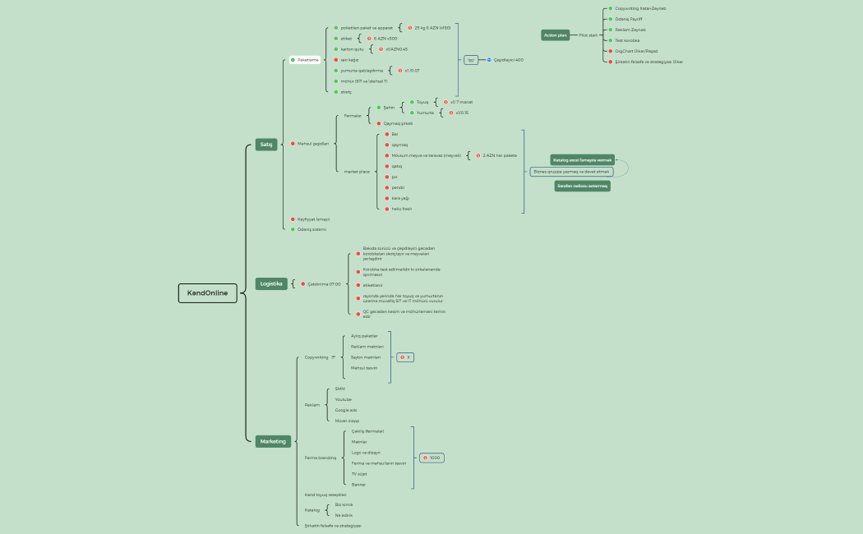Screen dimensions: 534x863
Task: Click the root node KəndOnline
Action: coord(207,293)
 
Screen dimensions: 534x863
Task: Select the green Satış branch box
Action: coord(266,144)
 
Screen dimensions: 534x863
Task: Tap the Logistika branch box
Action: coord(271,283)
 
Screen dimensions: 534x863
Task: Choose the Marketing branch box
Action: coord(273,441)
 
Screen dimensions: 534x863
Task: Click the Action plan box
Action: coord(556,35)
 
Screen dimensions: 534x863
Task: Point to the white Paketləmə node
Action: coord(307,60)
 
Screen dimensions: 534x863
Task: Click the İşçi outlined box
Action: coord(471,60)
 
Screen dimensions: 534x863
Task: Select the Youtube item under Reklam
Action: coord(343,399)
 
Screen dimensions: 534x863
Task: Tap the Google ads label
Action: coord(345,410)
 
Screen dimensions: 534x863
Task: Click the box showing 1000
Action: coord(432,458)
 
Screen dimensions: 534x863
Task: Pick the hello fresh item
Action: coord(402,209)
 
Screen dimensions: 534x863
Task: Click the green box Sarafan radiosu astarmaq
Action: coord(582,186)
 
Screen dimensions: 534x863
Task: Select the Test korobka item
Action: coord(627,40)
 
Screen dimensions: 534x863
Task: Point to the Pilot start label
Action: coord(588,35)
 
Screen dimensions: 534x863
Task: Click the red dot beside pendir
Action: coord(386,187)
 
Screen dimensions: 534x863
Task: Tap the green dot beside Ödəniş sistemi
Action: coord(293,229)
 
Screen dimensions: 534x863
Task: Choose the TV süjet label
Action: coord(358,474)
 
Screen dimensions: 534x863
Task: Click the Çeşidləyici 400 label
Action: coord(508,60)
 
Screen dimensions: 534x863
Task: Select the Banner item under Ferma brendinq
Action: coord(358,485)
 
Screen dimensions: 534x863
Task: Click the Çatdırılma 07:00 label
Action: coord(324,284)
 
